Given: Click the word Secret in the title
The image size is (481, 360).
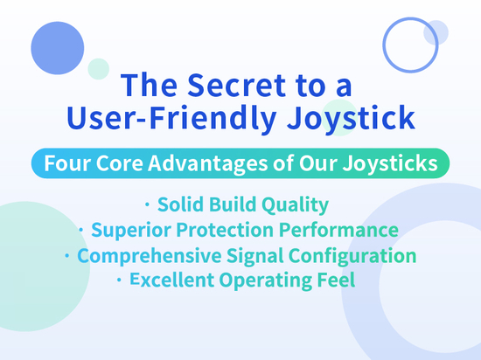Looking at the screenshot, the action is [236, 85].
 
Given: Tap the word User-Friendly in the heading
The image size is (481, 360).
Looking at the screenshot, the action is [171, 119].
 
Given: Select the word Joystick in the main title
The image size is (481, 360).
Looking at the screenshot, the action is [351, 119].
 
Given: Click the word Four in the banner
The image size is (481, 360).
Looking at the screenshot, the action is [68, 163].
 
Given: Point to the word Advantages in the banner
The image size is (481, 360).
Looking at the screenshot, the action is [208, 164].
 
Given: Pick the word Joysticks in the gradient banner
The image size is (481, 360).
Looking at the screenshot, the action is [390, 164].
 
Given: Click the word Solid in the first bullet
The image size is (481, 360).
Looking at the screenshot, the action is [180, 204].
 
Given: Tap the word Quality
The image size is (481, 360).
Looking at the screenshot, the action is [295, 205].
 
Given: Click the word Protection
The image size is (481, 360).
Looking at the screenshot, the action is [225, 230].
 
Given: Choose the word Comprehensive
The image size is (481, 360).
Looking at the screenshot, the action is [149, 256].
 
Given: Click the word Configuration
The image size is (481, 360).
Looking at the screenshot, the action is [352, 256].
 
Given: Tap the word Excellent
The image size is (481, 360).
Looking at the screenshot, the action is [171, 280].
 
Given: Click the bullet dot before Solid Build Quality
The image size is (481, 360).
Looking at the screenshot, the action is [147, 204].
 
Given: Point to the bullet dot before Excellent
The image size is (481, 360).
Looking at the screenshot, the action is [119, 280].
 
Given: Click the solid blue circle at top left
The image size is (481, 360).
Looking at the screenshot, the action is [58, 48].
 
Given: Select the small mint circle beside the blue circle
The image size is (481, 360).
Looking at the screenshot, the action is [99, 69].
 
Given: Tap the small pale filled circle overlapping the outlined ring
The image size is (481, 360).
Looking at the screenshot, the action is [436, 32].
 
